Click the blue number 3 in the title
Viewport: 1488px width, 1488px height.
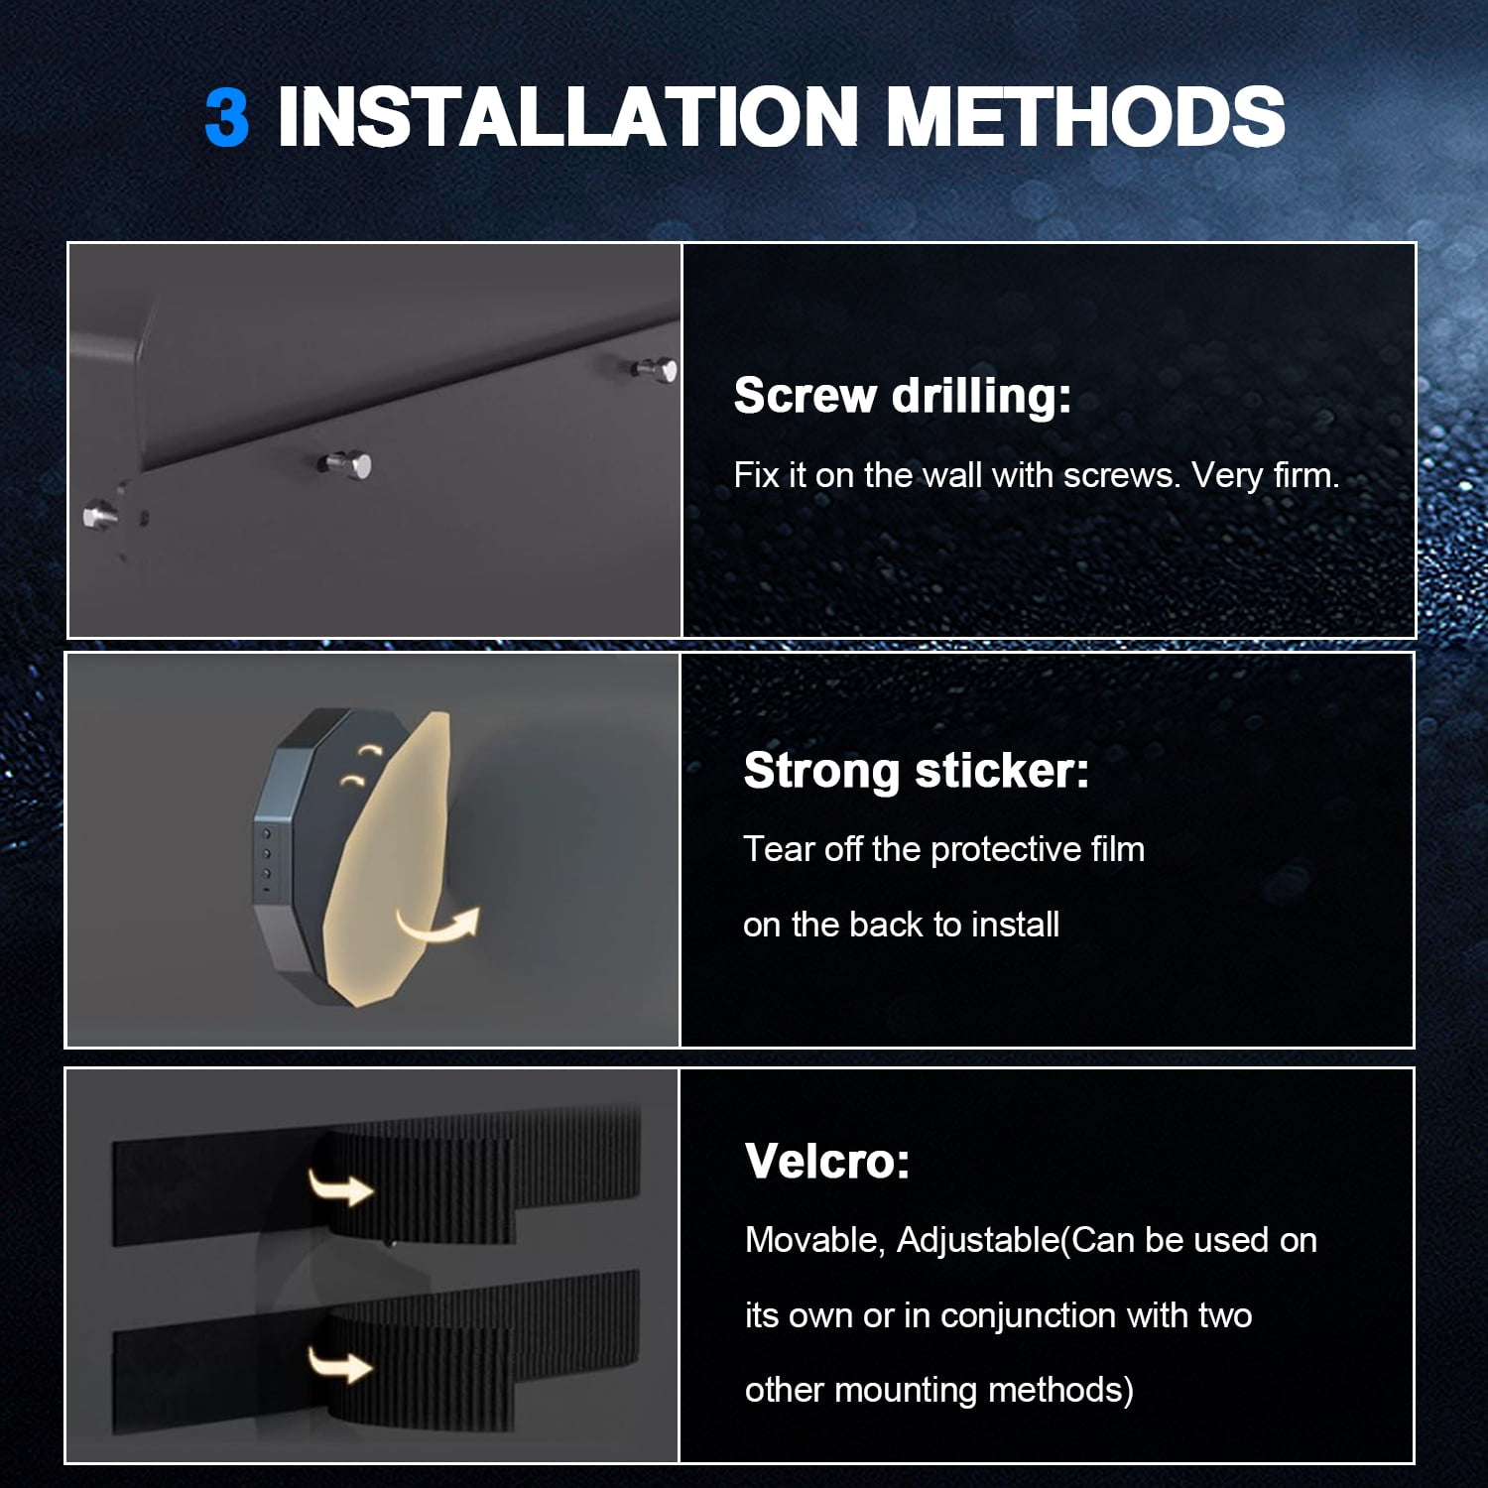point(226,117)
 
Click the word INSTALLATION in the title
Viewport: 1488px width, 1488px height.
point(567,117)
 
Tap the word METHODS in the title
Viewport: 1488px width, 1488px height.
point(1085,117)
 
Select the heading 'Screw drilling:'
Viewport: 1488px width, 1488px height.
point(903,397)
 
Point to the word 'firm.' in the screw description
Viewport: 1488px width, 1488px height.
point(1306,476)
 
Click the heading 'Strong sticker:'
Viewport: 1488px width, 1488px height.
point(917,772)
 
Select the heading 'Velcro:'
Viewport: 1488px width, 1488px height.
point(827,1162)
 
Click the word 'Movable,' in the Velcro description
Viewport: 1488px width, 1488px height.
point(814,1241)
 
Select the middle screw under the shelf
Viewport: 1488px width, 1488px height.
point(347,463)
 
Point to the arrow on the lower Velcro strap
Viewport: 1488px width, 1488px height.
point(340,1364)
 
